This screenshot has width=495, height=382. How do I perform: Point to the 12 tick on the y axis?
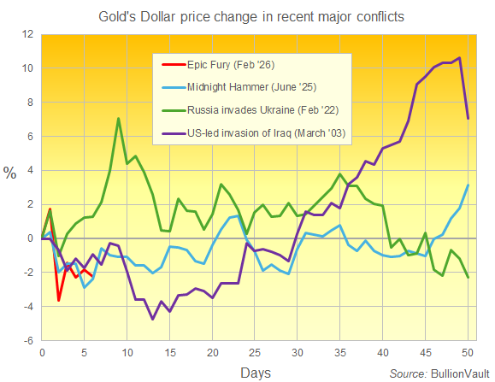pos(28,35)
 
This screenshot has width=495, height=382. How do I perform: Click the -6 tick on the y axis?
pos(28,340)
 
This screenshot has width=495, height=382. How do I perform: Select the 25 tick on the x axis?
pos(254,351)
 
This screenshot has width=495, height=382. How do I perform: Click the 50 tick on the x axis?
pos(466,351)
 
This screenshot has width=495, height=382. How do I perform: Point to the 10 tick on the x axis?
pos(127,351)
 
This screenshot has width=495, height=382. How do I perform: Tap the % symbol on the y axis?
pos(9,173)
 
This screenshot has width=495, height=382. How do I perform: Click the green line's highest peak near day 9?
pos(118,119)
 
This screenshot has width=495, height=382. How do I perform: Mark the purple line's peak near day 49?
pos(460,58)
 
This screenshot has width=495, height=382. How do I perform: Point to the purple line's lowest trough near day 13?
pos(152,319)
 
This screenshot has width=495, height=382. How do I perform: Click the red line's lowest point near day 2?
pos(59,300)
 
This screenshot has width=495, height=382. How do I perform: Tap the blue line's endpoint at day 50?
pos(468,185)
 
